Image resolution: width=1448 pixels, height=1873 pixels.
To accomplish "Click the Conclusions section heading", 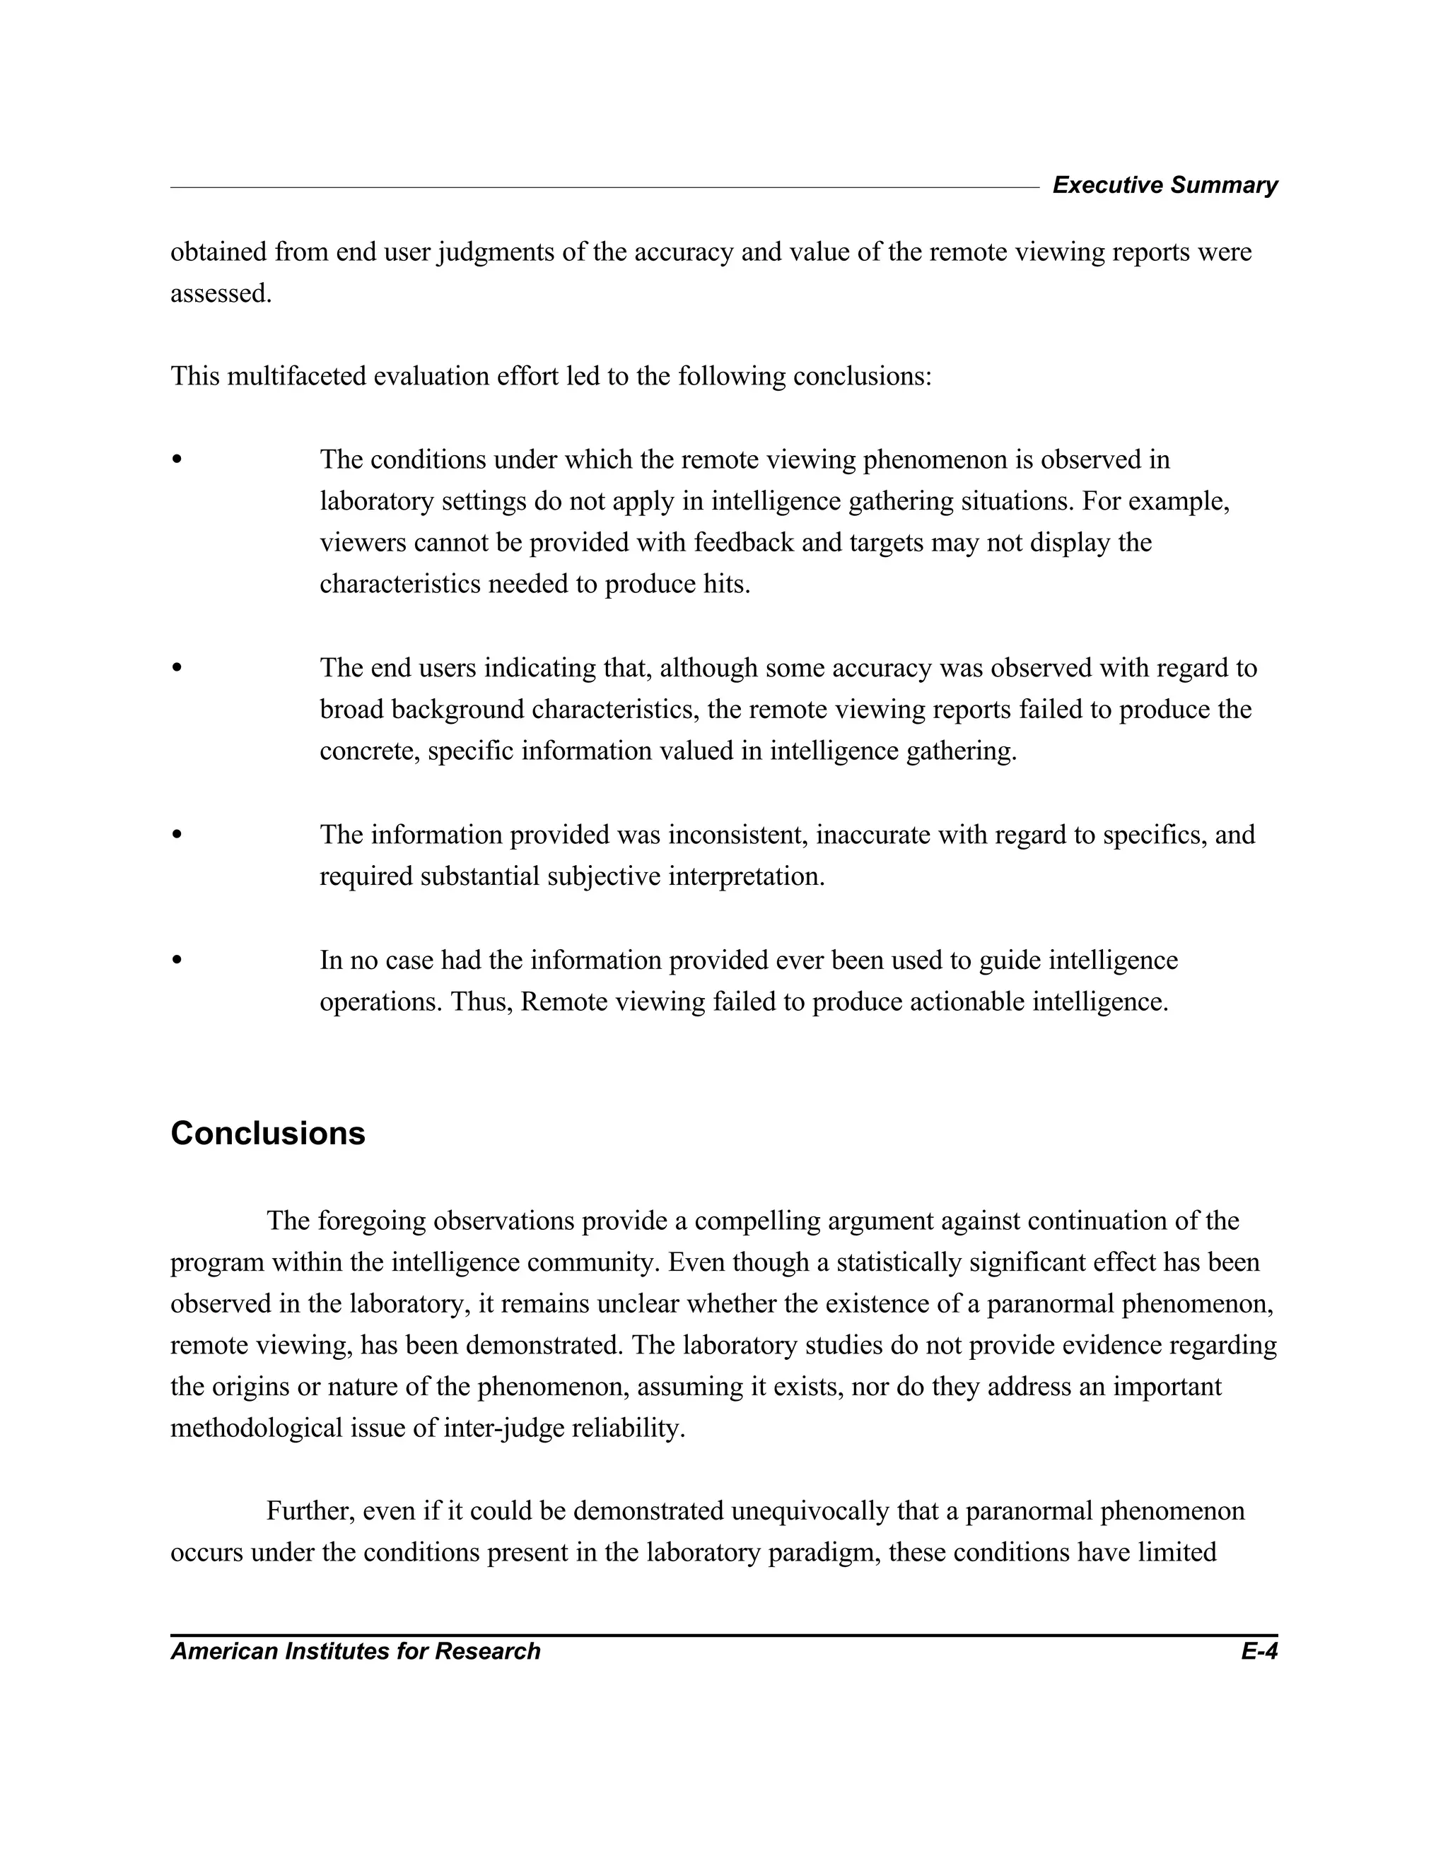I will (x=268, y=1134).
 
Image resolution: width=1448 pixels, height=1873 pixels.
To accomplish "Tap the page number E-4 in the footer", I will (x=1259, y=1652).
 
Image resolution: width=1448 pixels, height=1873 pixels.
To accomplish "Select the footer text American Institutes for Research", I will (x=355, y=1652).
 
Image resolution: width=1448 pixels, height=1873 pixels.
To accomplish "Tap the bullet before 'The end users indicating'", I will (x=177, y=668).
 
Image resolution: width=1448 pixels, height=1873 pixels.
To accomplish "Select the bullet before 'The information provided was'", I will (x=177, y=835).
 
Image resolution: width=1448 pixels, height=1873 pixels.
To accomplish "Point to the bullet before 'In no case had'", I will (x=177, y=961).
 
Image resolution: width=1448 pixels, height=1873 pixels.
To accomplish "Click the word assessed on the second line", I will (x=221, y=293).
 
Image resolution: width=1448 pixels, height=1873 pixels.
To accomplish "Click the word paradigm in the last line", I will (x=833, y=1552).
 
